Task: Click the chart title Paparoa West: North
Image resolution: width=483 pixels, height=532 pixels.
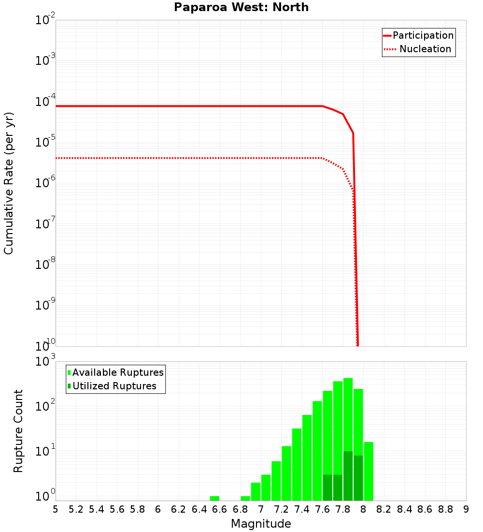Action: pos(241,7)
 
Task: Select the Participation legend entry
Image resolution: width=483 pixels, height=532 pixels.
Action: pos(423,36)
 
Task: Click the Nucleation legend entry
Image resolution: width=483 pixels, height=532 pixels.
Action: pos(425,49)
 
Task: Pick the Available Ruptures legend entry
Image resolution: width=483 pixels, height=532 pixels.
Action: pos(118,373)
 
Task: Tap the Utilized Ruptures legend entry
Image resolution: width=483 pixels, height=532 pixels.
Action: pos(114,386)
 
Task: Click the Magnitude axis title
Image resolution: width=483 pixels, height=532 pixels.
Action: pos(261,524)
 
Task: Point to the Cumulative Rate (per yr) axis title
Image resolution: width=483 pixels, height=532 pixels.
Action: pos(9,183)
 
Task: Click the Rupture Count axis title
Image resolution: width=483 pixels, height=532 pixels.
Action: pos(18,431)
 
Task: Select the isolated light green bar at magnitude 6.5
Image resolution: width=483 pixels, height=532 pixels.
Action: pos(214,498)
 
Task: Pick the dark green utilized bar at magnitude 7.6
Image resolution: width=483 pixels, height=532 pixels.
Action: pos(327,488)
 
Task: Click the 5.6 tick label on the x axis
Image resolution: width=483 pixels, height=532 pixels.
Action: pos(117,509)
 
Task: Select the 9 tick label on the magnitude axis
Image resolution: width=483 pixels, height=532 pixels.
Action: pos(466,509)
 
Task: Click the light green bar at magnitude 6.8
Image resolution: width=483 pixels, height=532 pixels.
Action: pos(245,498)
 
